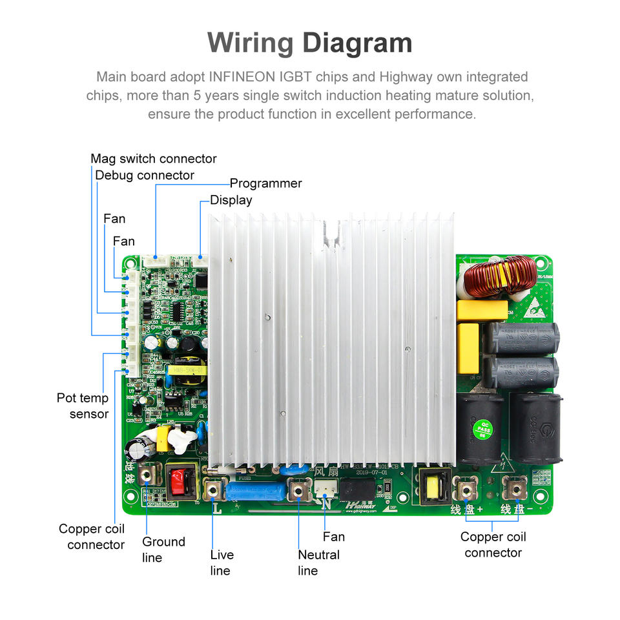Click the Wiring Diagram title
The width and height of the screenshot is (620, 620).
(310, 43)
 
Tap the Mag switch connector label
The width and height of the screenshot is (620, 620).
(154, 159)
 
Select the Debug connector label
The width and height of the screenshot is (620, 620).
(145, 176)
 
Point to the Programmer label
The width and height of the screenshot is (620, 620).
(266, 183)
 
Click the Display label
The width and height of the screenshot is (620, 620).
(231, 200)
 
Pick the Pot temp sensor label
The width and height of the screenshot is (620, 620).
(83, 406)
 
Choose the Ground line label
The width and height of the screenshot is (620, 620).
(163, 550)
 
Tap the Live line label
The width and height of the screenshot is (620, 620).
(222, 563)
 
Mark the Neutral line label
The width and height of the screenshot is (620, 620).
(318, 563)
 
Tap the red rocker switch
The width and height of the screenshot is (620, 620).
(180, 480)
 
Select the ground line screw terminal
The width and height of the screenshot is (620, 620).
(147, 476)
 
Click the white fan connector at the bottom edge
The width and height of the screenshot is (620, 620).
(323, 491)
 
